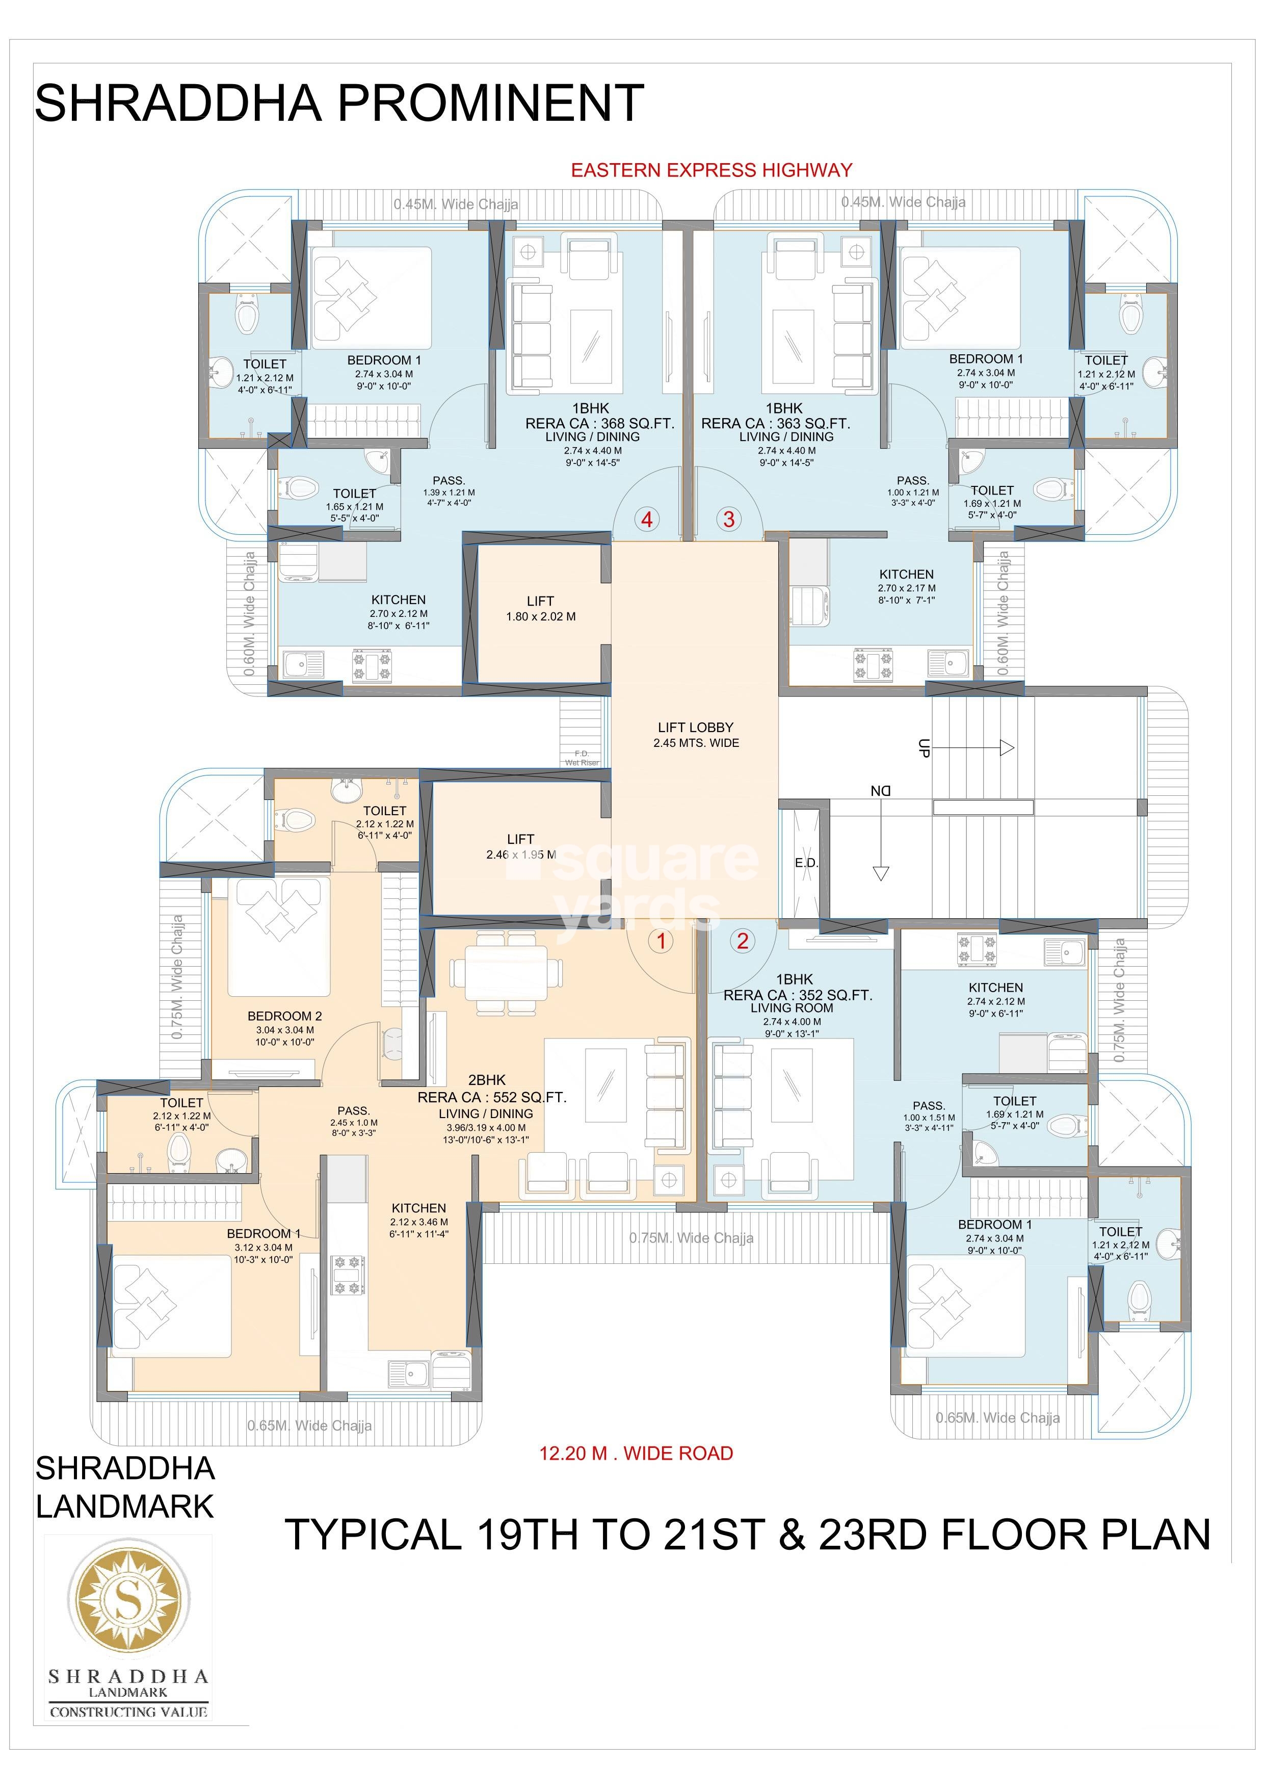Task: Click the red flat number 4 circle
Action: pyautogui.click(x=647, y=519)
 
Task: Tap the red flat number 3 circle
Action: pyautogui.click(x=729, y=519)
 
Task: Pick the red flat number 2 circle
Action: pyautogui.click(x=742, y=941)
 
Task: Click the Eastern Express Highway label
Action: pyautogui.click(x=711, y=170)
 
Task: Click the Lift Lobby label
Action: pyautogui.click(x=696, y=727)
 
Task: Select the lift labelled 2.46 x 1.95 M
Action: pyautogui.click(x=520, y=846)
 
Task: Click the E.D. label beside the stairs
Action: pyautogui.click(x=806, y=863)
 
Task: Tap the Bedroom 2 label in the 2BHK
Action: pyautogui.click(x=284, y=1016)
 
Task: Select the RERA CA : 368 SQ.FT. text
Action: pyautogui.click(x=600, y=423)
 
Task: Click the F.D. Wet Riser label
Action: pyautogui.click(x=582, y=758)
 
